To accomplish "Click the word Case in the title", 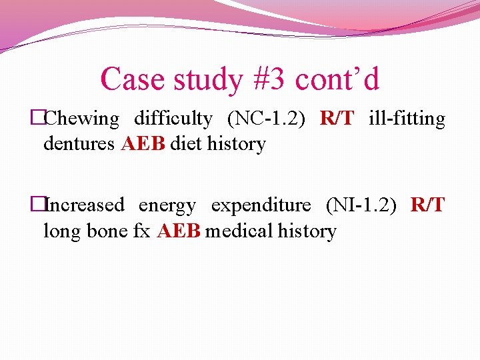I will point(133,79).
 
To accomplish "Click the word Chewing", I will point(81,119).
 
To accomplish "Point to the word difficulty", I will point(173,119).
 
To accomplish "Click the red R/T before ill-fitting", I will point(337,119).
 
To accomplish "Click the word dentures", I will point(79,144).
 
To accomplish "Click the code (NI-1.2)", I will point(360,205).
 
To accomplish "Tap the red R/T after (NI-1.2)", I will point(427,205).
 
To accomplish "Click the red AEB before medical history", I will point(179,231).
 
